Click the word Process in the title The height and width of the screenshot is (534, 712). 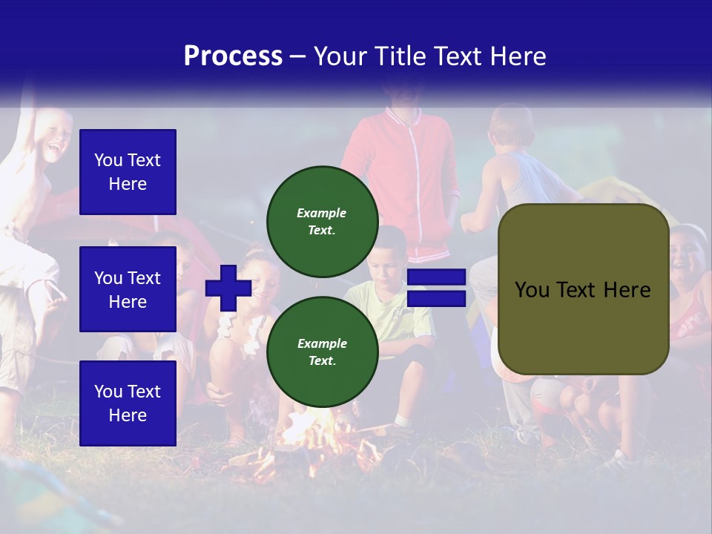click(x=233, y=56)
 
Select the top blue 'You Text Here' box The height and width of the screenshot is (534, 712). click(x=128, y=172)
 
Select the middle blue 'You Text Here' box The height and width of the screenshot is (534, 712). click(x=128, y=289)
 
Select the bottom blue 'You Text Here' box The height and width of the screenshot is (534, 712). click(x=128, y=403)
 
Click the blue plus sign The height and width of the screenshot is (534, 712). click(x=228, y=288)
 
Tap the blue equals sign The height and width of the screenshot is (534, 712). click(x=436, y=288)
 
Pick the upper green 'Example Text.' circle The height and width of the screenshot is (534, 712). click(x=322, y=221)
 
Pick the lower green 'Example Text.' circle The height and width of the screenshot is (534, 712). click(x=322, y=352)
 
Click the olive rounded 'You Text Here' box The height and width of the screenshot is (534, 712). click(x=583, y=289)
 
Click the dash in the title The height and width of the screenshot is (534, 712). click(x=297, y=57)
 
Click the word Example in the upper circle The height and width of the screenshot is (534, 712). click(x=322, y=213)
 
